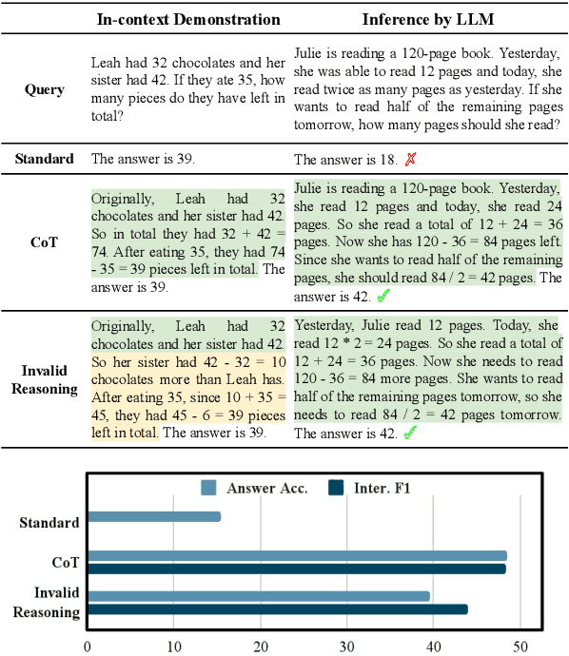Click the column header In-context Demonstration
tap(189, 19)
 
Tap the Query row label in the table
tap(45, 89)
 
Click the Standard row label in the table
tap(45, 159)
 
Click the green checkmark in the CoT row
tap(383, 297)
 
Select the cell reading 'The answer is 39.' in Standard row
tap(143, 159)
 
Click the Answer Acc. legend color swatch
tap(209, 488)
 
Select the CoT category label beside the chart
tap(67, 562)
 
